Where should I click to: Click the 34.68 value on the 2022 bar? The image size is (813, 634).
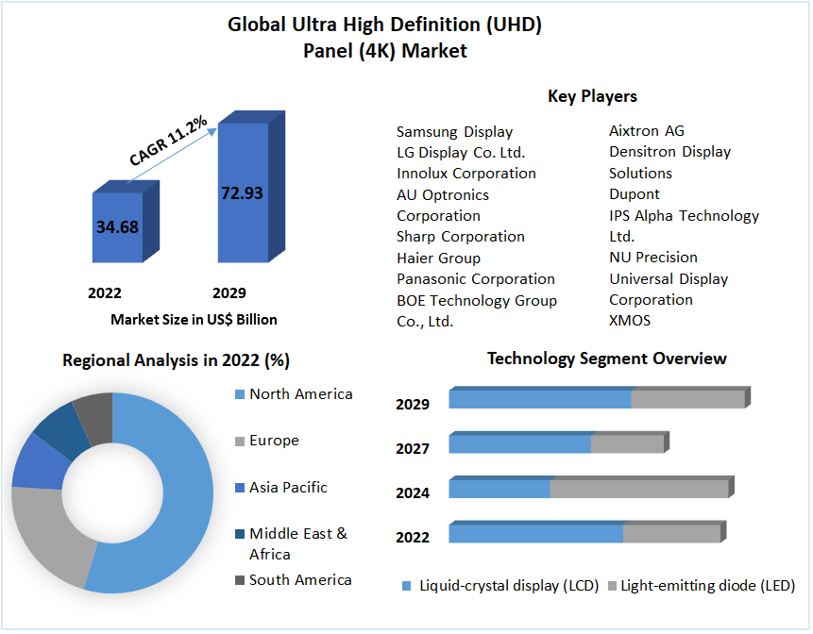pos(117,226)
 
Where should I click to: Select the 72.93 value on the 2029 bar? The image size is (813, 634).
pos(242,192)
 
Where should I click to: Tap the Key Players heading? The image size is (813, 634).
pos(592,96)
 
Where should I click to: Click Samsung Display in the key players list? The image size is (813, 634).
pos(454,132)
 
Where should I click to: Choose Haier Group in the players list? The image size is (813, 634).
pos(438,258)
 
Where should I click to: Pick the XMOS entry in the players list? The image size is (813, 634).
pos(630,321)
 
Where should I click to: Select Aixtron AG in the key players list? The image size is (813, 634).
pos(647,130)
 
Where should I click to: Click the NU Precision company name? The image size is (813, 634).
pos(653,257)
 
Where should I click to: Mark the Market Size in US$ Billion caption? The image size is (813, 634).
pos(194,319)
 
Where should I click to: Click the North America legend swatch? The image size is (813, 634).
pos(240,394)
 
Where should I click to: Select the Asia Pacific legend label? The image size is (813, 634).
pos(288,487)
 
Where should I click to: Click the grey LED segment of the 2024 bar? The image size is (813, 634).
pos(638,489)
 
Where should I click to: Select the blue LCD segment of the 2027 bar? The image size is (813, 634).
pos(519,443)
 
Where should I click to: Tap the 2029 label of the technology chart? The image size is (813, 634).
pos(413,404)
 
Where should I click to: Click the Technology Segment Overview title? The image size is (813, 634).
pos(606,359)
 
